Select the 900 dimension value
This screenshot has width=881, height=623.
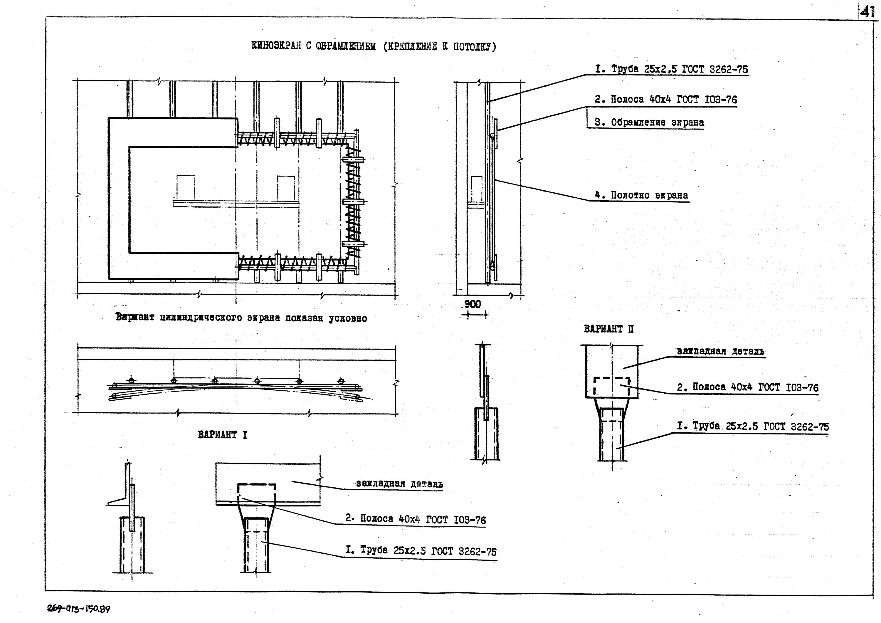pos(472,304)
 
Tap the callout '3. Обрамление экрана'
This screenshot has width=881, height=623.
pos(649,122)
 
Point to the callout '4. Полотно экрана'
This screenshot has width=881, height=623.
pos(642,195)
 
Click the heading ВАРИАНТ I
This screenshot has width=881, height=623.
pos(223,435)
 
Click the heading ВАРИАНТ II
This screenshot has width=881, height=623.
pos(608,329)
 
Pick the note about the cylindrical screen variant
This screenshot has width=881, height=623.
pos(241,318)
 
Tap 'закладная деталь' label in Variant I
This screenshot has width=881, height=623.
pos(399,484)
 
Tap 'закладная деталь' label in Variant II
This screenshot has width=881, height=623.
pos(720,351)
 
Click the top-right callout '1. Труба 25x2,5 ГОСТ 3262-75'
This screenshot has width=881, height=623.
pos(672,70)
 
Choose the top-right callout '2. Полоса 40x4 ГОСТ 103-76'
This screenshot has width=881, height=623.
pos(666,99)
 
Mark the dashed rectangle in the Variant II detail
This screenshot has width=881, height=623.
pos(612,387)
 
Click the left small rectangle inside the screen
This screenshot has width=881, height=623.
pos(186,187)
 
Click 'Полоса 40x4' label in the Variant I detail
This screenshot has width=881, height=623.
pos(416,519)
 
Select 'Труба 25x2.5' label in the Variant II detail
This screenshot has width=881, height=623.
pos(753,426)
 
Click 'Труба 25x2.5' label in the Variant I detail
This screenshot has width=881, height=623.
pos(421,551)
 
